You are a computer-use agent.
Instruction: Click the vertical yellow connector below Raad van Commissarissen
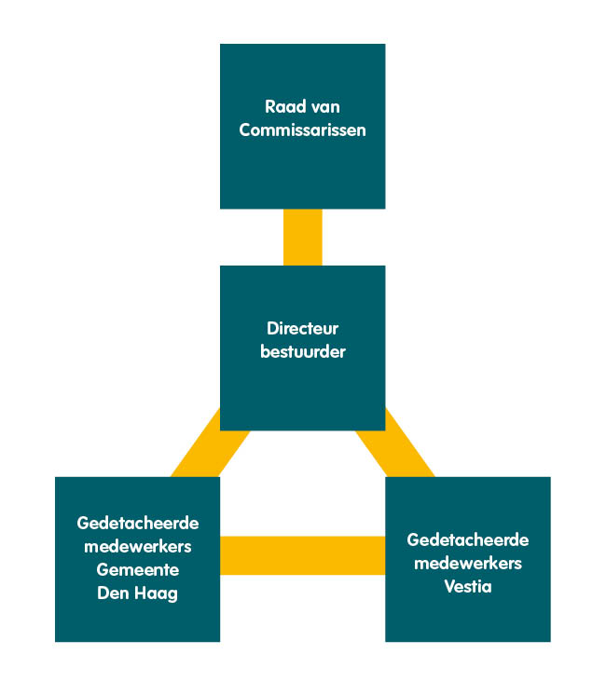(x=302, y=237)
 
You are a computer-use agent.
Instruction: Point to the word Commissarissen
(x=302, y=130)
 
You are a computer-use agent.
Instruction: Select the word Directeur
(x=302, y=329)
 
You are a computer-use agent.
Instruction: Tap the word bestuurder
(x=302, y=352)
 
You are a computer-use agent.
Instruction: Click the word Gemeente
(x=138, y=569)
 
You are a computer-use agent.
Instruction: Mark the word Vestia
(x=468, y=587)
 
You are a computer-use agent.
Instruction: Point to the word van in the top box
(x=324, y=107)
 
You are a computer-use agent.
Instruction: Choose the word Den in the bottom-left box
(x=114, y=593)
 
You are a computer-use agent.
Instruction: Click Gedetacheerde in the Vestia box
(x=468, y=540)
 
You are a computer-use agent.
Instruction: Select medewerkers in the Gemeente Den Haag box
(x=138, y=546)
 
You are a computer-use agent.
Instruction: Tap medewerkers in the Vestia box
(x=468, y=564)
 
